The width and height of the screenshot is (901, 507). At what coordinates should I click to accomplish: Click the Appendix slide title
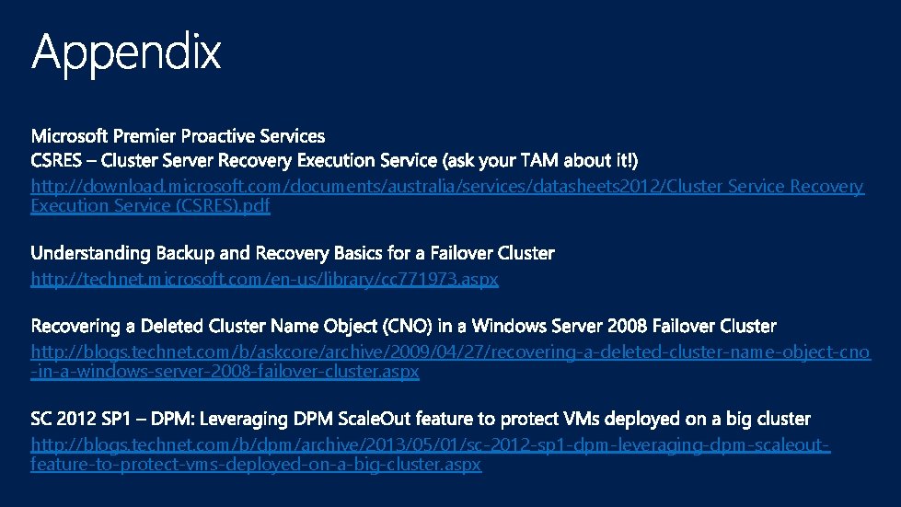click(x=126, y=52)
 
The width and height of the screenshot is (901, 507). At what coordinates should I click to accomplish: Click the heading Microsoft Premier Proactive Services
click(x=178, y=136)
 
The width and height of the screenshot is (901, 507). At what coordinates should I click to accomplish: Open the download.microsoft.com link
click(x=447, y=187)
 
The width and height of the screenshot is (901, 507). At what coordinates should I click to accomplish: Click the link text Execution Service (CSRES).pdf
click(x=150, y=206)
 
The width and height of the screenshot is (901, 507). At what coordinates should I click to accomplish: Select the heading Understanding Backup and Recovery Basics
click(x=293, y=252)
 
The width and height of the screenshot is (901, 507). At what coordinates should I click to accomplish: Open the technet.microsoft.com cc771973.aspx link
click(x=264, y=279)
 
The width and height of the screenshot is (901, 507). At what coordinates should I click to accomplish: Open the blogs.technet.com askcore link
click(x=450, y=352)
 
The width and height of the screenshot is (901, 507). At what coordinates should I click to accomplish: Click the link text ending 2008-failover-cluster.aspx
click(x=225, y=372)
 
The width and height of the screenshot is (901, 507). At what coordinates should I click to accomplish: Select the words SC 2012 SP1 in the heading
click(x=77, y=420)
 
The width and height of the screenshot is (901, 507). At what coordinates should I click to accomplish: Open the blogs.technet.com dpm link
click(x=430, y=445)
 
